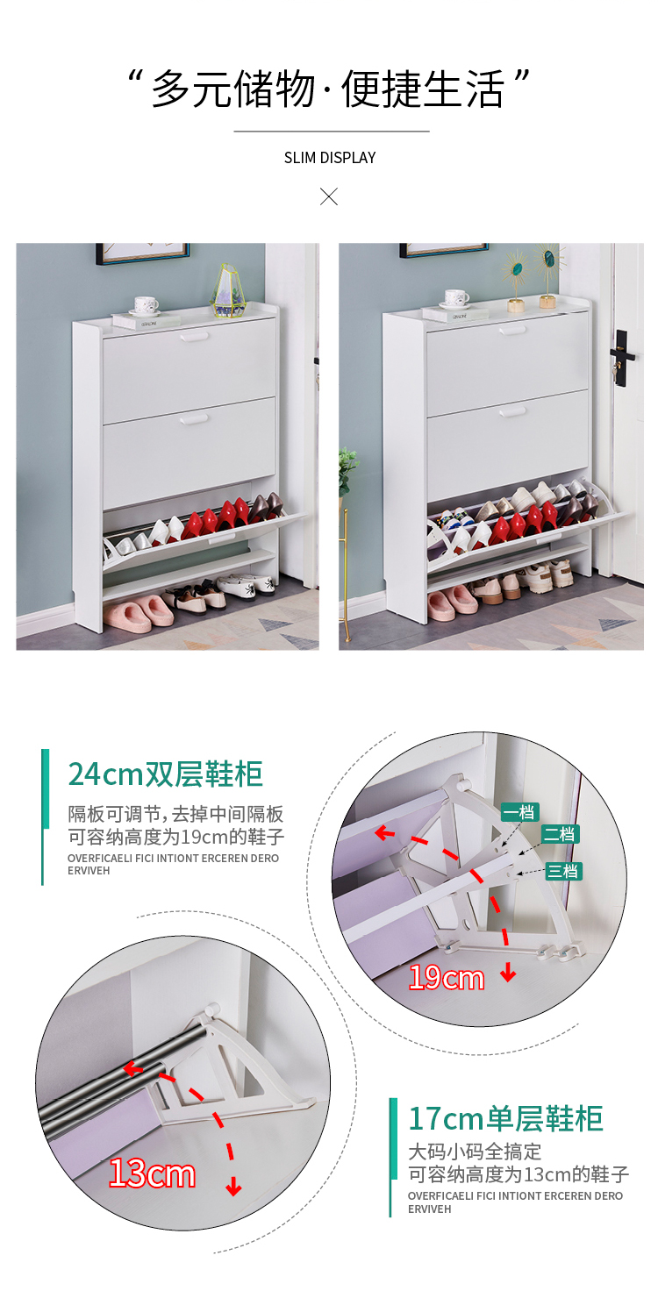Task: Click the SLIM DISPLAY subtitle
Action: (329, 157)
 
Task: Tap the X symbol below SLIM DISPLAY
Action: (329, 196)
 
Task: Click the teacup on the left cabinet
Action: (146, 305)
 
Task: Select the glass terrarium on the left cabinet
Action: (230, 291)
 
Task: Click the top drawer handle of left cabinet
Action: (194, 337)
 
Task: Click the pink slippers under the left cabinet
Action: (139, 613)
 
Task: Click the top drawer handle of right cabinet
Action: (512, 330)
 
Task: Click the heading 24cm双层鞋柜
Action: (166, 774)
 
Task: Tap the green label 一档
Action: (519, 812)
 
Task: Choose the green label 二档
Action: (560, 834)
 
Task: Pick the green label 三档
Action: (563, 871)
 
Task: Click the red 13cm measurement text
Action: (152, 1173)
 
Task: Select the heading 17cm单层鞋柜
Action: (505, 1119)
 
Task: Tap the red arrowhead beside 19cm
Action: (508, 974)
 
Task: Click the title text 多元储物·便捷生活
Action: (328, 89)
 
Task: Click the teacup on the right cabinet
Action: (457, 298)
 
